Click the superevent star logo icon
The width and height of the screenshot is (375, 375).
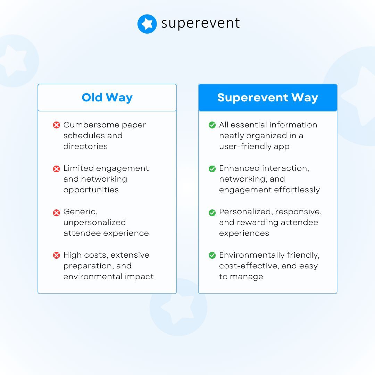147,24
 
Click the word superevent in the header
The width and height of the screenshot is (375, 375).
201,23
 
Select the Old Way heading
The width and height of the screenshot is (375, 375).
107,98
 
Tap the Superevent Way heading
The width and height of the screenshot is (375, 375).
267,98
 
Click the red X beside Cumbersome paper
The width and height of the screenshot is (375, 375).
56,125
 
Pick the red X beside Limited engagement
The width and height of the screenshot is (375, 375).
56,169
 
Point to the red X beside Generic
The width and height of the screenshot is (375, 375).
56,212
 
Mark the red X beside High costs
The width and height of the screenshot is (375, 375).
56,256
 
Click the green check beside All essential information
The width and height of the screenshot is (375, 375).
212,125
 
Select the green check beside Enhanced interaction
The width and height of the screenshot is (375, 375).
212,169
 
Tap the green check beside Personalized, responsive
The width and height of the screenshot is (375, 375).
212,212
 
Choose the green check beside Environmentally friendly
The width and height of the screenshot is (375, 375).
212,256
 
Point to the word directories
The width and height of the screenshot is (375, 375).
85,146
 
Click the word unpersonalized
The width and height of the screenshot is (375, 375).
90,223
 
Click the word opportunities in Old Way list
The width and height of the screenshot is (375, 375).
91,190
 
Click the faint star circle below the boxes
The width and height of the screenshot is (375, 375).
178,307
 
